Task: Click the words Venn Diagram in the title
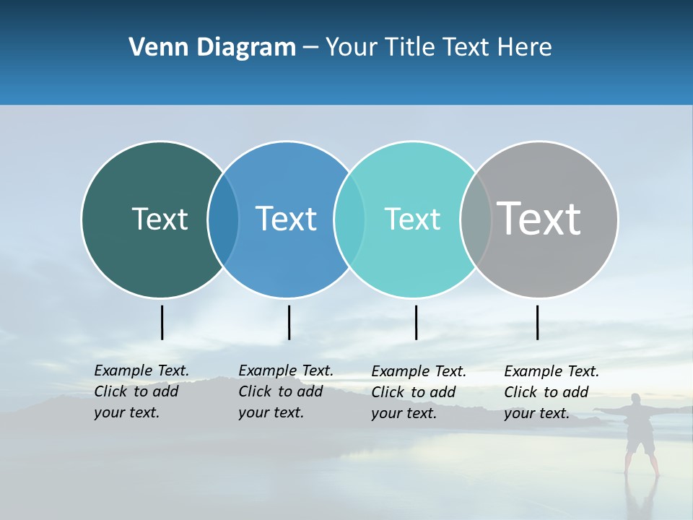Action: [x=212, y=48]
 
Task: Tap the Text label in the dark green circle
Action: [x=160, y=219]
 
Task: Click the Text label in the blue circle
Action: [x=286, y=219]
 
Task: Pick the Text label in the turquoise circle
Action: [x=412, y=219]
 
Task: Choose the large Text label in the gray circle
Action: [x=539, y=218]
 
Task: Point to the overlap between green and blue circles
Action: [x=223, y=220]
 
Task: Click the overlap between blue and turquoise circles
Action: [x=349, y=220]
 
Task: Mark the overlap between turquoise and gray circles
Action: [x=476, y=220]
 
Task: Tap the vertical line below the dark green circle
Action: [x=162, y=322]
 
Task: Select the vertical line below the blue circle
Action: [x=289, y=322]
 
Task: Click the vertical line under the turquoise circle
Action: [x=416, y=322]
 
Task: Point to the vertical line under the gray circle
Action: [x=537, y=322]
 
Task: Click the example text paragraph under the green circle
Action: [x=141, y=391]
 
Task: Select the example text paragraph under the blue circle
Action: [x=286, y=391]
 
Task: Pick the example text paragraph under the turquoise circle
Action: [x=419, y=392]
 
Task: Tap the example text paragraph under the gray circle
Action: [x=552, y=392]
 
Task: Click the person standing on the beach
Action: [x=640, y=433]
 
